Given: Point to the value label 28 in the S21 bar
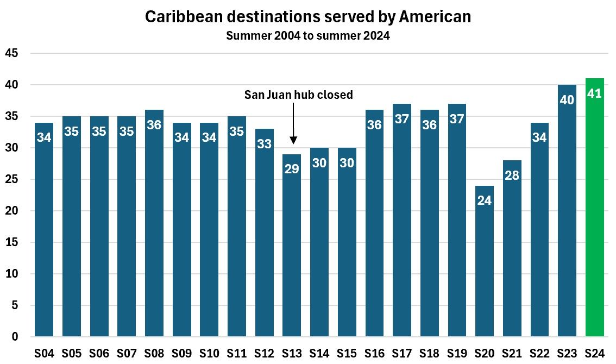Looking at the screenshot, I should [x=512, y=175].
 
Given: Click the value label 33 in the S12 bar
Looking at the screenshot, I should [x=264, y=143].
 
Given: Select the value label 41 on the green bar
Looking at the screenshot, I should [x=594, y=93].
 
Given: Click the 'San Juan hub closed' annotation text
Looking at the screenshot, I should [x=298, y=95].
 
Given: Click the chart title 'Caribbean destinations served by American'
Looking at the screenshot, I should [x=308, y=17].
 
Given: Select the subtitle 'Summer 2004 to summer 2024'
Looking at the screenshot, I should [x=308, y=36].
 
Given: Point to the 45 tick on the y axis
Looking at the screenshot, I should [x=11, y=53].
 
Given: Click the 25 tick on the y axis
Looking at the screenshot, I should [x=11, y=179].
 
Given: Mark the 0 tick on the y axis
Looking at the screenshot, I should [x=15, y=337].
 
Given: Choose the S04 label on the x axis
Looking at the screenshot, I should [x=44, y=354].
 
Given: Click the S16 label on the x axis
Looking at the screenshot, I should [x=374, y=354].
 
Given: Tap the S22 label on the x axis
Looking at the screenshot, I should [x=539, y=354].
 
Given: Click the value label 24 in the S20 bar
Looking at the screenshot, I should [x=484, y=200].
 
